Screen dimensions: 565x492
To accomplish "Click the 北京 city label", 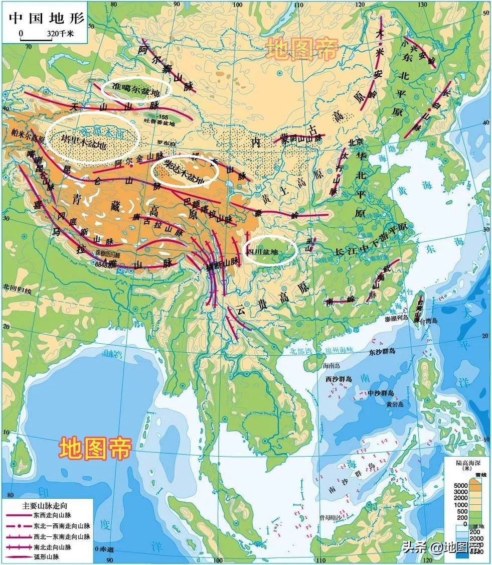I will (355, 142).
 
